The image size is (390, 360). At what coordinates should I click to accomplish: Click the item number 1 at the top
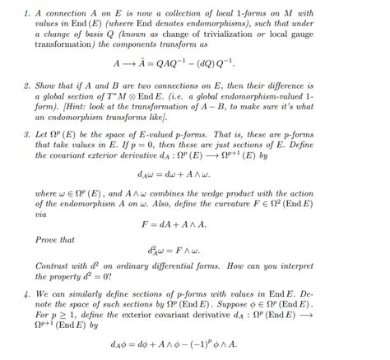tap(27, 14)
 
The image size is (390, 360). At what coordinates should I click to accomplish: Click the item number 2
tap(27, 85)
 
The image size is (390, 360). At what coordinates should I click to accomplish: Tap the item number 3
tap(27, 132)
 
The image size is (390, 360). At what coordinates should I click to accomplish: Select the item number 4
tap(27, 291)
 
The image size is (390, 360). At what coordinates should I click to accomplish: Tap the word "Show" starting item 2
tap(47, 85)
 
